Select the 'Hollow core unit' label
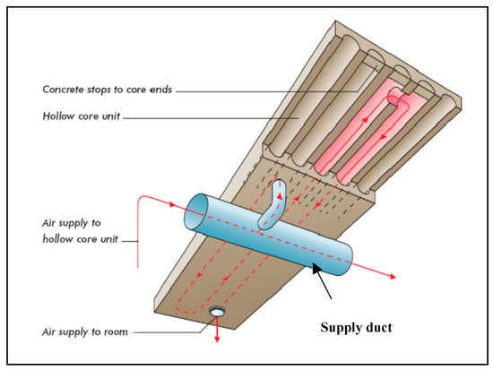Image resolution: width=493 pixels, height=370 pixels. [82, 116]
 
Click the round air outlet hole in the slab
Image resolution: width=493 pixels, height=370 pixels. [218, 312]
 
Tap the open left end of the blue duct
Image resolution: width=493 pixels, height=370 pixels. [191, 215]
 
